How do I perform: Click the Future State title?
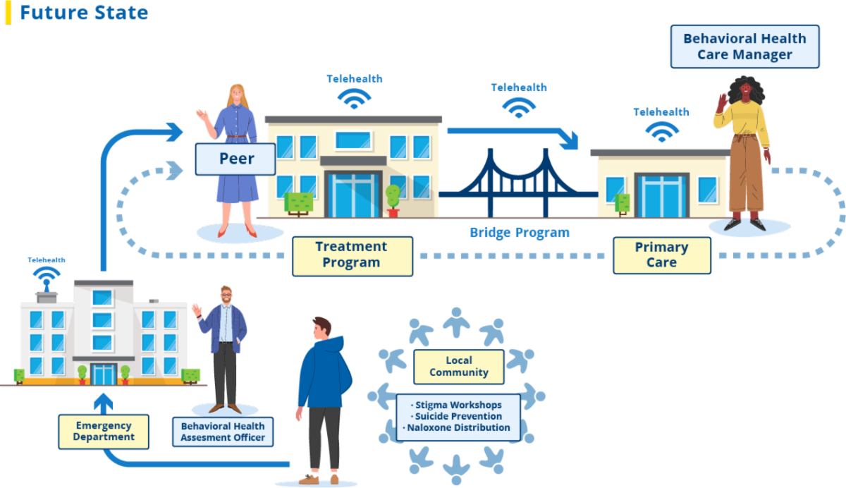point(84,13)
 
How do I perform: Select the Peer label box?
point(235,159)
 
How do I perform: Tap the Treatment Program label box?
point(352,255)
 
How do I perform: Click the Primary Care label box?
point(661,255)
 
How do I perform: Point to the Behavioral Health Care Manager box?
point(744,47)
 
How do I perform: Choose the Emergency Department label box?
point(104,432)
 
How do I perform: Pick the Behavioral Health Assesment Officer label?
point(223,432)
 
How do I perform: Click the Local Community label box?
point(459,367)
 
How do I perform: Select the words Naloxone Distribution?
point(460,427)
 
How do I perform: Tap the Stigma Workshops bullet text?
point(459,405)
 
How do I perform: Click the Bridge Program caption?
point(520,233)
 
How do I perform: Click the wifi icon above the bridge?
point(519,107)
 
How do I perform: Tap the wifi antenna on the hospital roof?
point(47,277)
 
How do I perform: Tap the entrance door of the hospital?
point(104,374)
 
